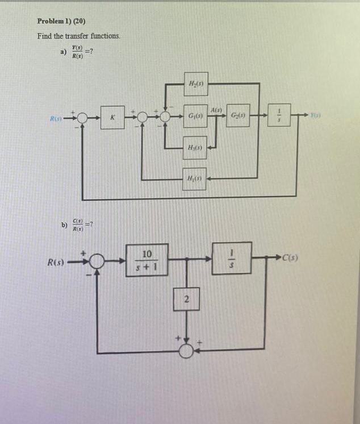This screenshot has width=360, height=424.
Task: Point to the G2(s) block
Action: pyautogui.click(x=237, y=118)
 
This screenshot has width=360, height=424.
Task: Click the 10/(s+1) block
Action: pyautogui.click(x=147, y=261)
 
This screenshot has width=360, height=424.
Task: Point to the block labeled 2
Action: pyautogui.click(x=185, y=300)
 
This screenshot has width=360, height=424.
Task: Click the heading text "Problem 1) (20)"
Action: pyautogui.click(x=61, y=21)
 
